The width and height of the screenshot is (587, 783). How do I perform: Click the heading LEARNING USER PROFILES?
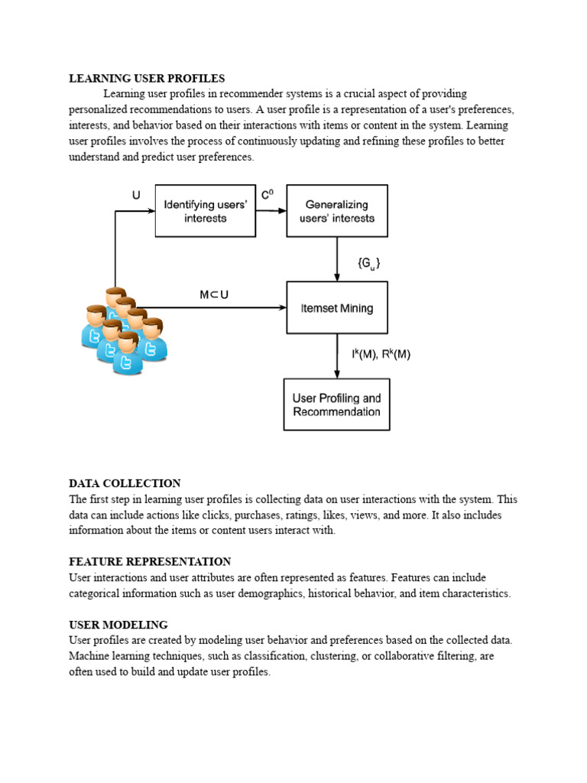(147, 78)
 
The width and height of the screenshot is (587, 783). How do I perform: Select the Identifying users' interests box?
(205, 211)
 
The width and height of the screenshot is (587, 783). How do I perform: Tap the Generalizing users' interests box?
(336, 211)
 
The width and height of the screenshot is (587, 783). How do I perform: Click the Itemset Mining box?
(336, 308)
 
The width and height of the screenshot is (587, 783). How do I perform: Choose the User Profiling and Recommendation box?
(336, 404)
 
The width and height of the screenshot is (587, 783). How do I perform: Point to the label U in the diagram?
(136, 195)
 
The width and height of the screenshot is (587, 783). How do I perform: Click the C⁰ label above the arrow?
(267, 196)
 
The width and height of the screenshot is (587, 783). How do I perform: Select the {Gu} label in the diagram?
(368, 262)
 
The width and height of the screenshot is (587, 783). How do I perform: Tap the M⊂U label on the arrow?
(214, 294)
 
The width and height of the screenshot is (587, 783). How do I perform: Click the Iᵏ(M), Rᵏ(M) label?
(381, 355)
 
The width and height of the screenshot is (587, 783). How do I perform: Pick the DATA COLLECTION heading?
(125, 483)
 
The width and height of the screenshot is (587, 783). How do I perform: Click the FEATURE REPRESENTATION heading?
(150, 561)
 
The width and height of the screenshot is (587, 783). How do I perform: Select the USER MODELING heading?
(118, 625)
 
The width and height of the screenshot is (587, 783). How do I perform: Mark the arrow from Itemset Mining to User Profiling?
(337, 356)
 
